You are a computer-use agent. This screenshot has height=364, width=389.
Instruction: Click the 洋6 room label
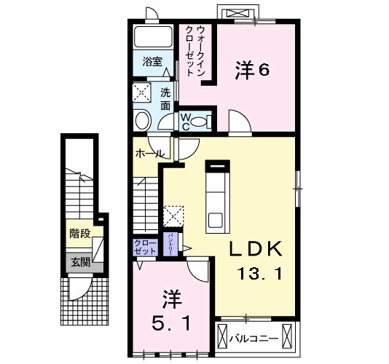[252, 71]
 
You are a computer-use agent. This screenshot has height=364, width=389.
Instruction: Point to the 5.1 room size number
[172, 323]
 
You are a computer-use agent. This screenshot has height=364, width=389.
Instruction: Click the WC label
[186, 121]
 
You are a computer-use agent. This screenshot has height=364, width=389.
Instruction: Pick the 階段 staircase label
[80, 234]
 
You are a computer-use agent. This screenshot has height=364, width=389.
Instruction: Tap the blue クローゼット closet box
[145, 246]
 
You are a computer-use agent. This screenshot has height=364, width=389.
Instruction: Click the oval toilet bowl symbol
[143, 120]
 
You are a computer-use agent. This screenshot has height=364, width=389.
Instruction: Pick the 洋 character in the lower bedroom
[170, 298]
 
